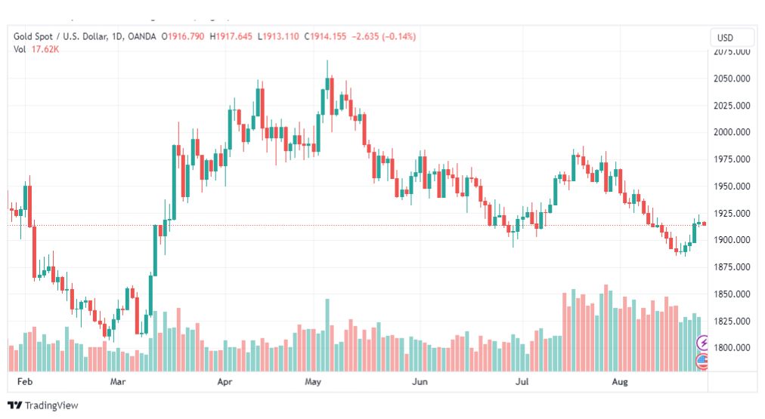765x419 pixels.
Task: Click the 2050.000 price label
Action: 732,79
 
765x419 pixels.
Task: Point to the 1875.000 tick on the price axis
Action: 732,267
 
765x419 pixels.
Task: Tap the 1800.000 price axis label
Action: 732,348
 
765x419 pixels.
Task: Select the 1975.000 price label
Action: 732,159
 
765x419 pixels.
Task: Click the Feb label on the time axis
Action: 25,383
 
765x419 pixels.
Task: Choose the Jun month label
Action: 420,383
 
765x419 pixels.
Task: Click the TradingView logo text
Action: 51,405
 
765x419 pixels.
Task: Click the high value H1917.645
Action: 233,37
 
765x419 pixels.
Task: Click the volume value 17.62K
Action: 44,50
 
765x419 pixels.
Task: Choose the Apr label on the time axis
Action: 225,383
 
